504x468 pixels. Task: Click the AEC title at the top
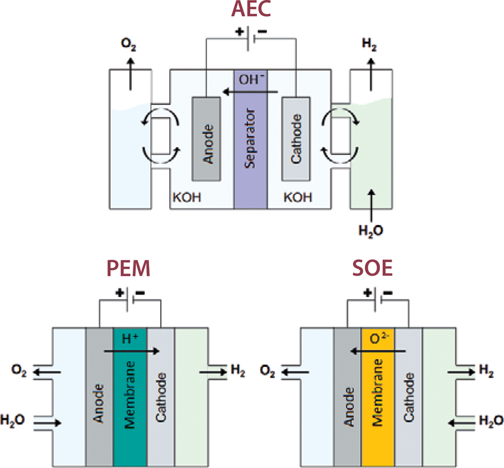click(x=251, y=9)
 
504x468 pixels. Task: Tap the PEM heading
click(x=129, y=270)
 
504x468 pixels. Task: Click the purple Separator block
click(x=251, y=139)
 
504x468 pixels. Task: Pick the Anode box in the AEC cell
click(x=208, y=138)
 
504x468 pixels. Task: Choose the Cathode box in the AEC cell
click(x=295, y=138)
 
